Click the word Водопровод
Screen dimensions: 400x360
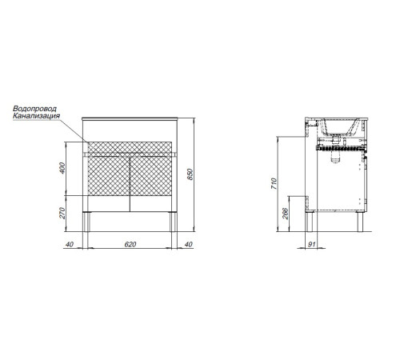(x=34, y=109)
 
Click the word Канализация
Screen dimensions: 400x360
(x=37, y=116)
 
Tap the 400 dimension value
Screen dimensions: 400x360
(x=62, y=168)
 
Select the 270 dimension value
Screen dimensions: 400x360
(x=62, y=213)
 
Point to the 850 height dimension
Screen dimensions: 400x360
(x=190, y=174)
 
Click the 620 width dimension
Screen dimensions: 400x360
(x=130, y=244)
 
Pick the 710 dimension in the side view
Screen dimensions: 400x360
(x=274, y=184)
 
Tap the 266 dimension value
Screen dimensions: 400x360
(x=286, y=214)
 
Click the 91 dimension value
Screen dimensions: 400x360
(x=311, y=244)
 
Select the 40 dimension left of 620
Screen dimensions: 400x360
(x=70, y=244)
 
